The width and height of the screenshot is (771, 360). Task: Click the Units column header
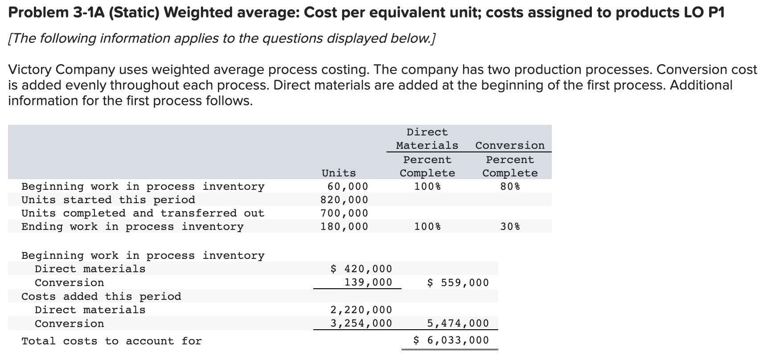[x=339, y=173]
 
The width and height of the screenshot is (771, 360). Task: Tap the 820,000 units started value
[x=344, y=200]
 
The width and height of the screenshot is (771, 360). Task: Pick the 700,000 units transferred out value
[x=344, y=213]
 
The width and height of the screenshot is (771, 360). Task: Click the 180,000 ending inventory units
[x=344, y=226]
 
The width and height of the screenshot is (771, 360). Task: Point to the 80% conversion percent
[x=510, y=186]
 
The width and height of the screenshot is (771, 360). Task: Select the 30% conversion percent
[x=510, y=226]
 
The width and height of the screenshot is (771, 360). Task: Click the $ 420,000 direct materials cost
[x=361, y=269]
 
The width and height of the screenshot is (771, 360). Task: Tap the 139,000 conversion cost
[x=368, y=282]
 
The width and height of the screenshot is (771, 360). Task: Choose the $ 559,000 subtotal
[x=458, y=282]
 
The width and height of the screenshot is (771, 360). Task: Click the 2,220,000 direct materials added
[x=361, y=310]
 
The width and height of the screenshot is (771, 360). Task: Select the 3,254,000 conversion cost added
[x=361, y=323]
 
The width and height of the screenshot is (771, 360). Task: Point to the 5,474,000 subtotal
[x=458, y=323]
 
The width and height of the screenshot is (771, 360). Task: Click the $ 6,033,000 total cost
[x=451, y=341]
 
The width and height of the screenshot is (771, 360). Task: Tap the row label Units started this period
[x=108, y=200]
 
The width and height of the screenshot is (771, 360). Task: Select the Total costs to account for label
[x=111, y=341]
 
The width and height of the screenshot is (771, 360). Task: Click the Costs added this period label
[x=101, y=296]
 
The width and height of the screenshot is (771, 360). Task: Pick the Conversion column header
[x=510, y=146]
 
